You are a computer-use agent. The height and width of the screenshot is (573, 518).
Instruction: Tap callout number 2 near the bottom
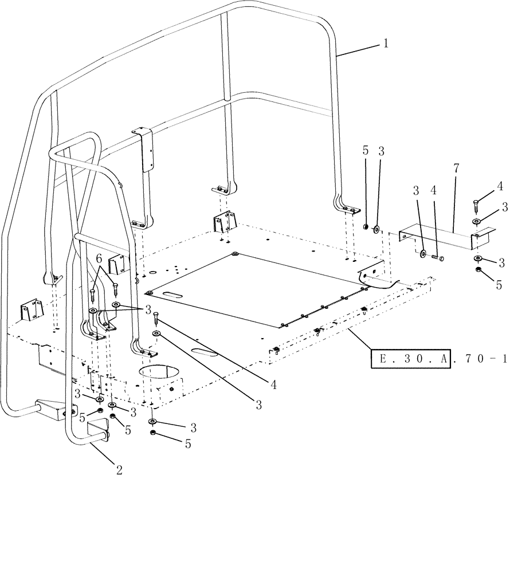tap(119, 470)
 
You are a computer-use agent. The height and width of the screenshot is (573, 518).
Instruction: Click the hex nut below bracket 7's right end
tap(478, 269)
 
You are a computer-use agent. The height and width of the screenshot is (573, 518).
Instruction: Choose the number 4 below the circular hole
tap(274, 385)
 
